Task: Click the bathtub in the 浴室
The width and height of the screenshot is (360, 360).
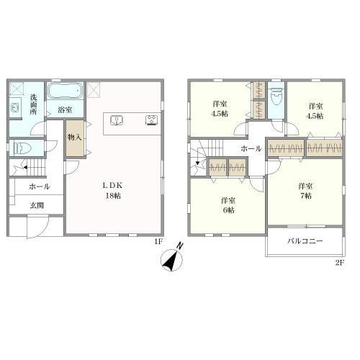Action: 66,91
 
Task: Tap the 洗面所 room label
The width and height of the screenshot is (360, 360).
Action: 33,104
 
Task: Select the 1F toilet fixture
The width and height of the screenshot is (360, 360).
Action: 22,148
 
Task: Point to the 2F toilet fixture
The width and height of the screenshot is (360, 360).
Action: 276,96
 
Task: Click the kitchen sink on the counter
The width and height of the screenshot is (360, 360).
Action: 117,120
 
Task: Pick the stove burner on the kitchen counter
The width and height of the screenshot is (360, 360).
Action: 152,120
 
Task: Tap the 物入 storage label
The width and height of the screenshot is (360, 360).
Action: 75,138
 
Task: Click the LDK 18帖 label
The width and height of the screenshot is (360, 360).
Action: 113,191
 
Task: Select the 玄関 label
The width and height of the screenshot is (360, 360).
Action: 37,205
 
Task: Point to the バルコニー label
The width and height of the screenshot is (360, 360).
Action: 305,241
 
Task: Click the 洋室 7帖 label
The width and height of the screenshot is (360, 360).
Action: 305,191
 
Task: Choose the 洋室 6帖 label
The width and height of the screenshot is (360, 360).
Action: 228,205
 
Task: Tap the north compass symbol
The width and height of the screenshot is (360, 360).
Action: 172,258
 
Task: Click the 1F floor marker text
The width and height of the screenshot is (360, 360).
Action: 158,242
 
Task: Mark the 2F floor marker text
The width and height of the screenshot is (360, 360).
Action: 340,263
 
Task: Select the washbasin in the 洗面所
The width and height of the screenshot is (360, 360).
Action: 15,107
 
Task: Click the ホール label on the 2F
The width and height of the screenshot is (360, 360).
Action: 251,149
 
